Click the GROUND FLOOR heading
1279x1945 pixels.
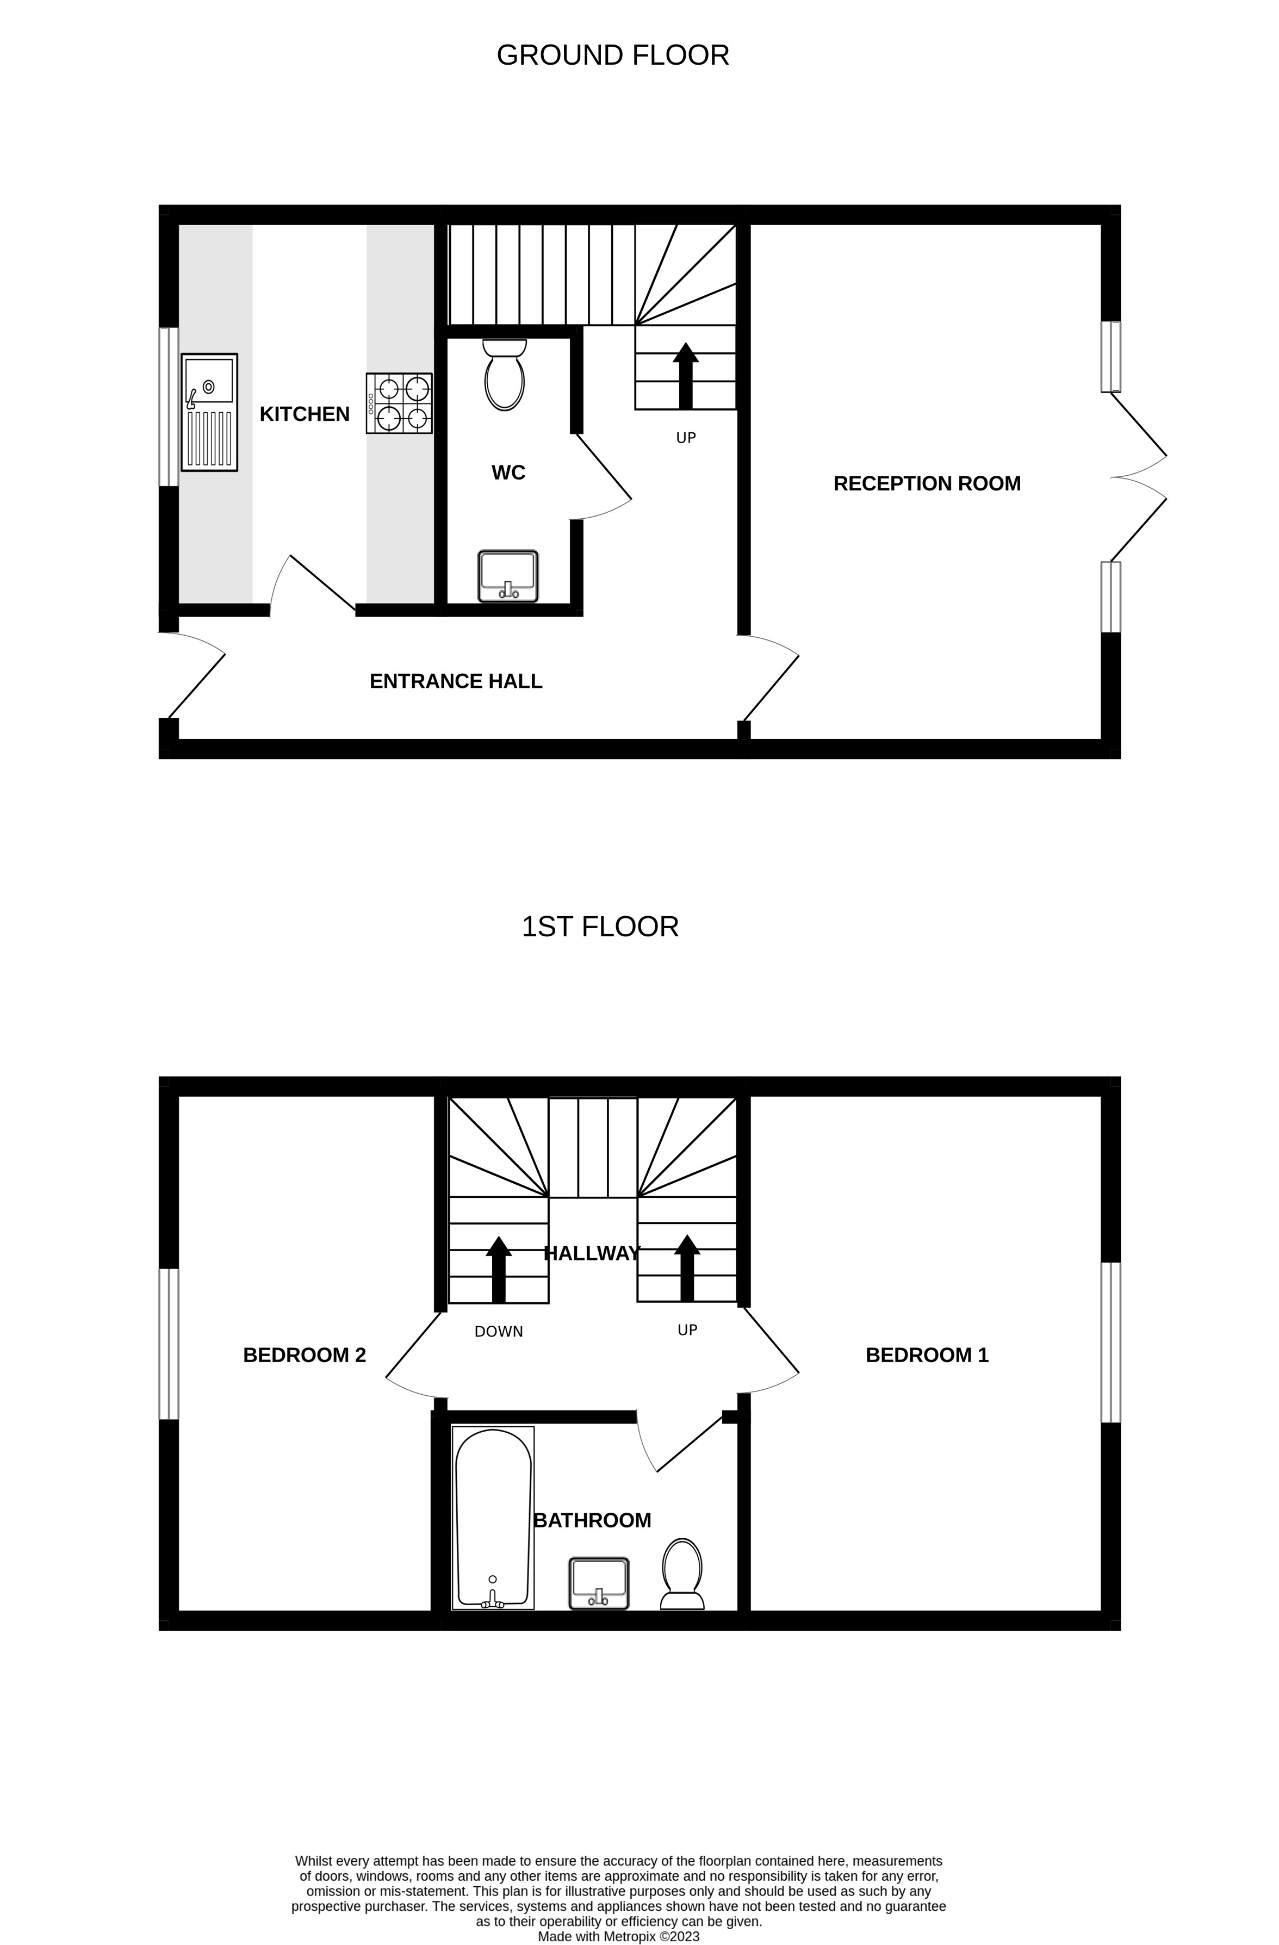click(x=612, y=55)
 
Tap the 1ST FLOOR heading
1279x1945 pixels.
click(x=600, y=927)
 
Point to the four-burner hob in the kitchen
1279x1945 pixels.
click(x=399, y=403)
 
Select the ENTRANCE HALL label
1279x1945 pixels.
click(x=456, y=681)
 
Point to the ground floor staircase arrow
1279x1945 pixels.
click(x=686, y=375)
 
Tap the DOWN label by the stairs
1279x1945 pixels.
click(x=499, y=1331)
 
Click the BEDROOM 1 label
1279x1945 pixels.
click(x=927, y=1355)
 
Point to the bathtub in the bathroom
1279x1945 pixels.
click(x=493, y=1518)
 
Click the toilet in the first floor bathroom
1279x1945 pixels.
click(x=681, y=1573)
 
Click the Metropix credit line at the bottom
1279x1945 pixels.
click(x=619, y=1936)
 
